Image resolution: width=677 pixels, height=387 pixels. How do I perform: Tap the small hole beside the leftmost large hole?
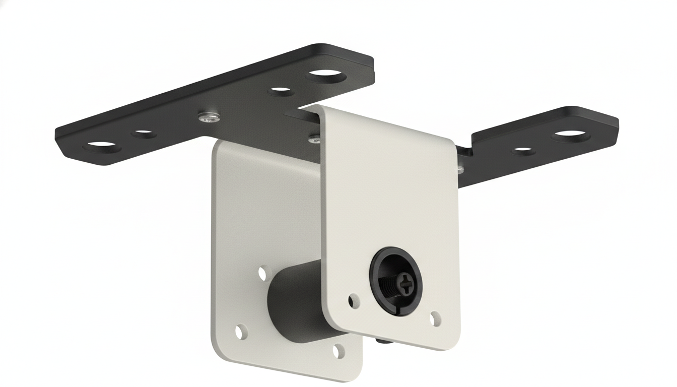143,134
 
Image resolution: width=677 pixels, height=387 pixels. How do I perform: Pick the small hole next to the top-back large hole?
281,92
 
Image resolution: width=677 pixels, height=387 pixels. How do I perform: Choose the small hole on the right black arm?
523,150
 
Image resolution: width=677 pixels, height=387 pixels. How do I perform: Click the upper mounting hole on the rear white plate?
262,274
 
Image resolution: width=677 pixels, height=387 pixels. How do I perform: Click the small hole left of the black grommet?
354,300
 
